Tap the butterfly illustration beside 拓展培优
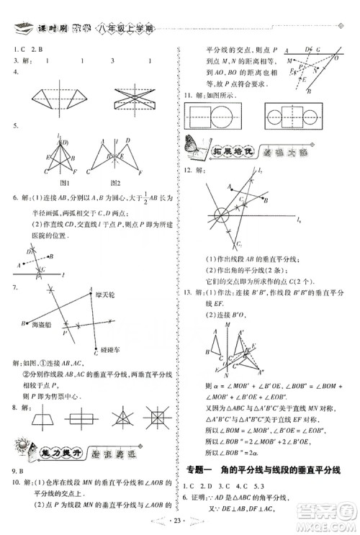point(194,146)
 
